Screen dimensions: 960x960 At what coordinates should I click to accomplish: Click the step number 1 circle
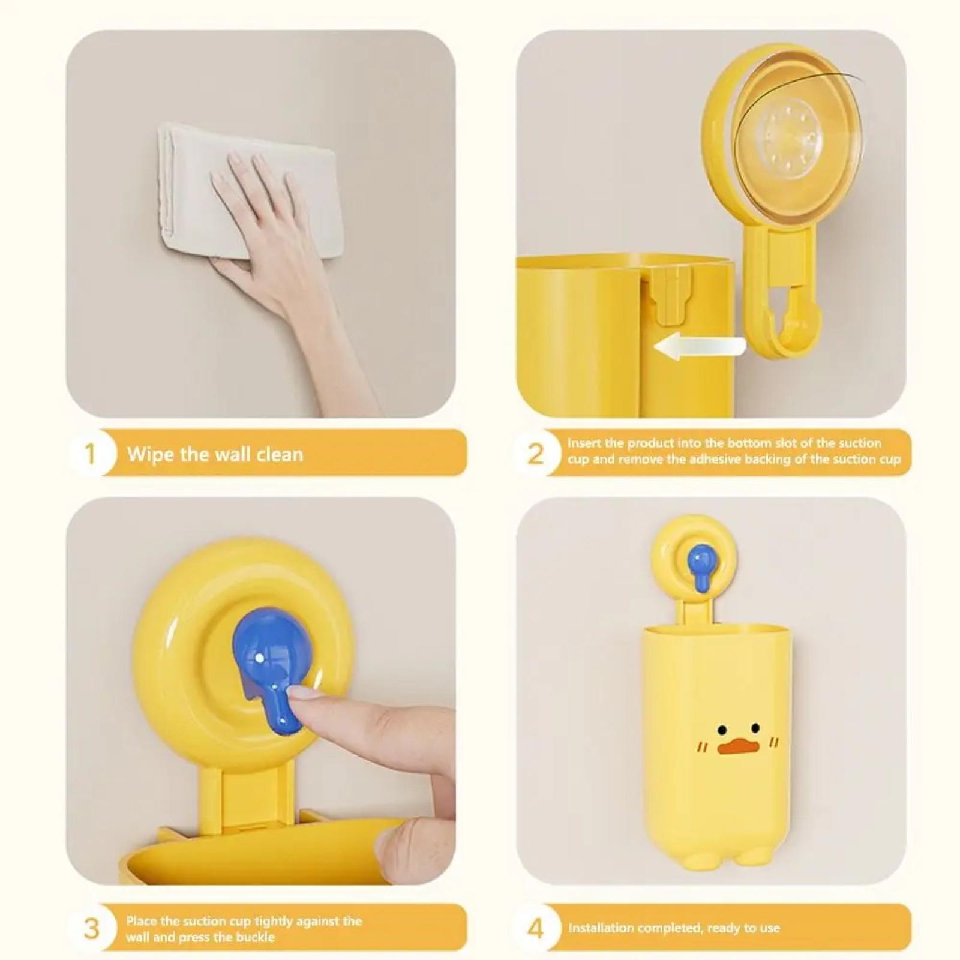click(x=91, y=454)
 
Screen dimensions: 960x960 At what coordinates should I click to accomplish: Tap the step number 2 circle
click(x=535, y=454)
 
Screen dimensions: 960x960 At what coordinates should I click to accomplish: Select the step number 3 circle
click(x=91, y=928)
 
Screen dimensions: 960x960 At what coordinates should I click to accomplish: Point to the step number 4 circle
click(x=535, y=928)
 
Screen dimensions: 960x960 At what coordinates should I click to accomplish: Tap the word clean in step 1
click(x=280, y=454)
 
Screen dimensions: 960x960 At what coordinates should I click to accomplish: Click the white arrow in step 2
click(x=699, y=346)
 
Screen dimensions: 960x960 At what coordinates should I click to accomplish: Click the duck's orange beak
click(x=735, y=747)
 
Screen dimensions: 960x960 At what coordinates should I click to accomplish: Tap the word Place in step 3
click(x=141, y=920)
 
